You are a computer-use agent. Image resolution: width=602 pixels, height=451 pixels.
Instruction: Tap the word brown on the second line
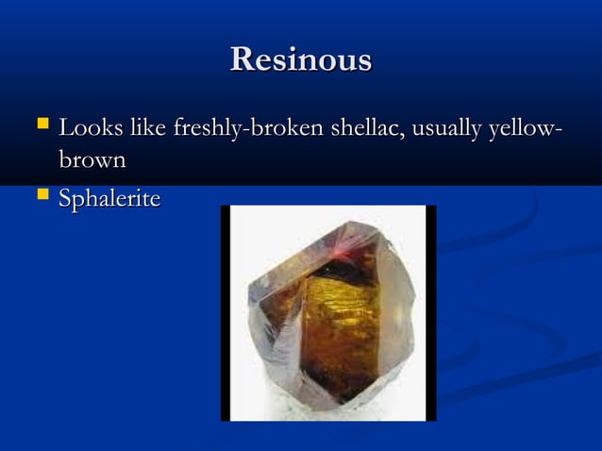(x=92, y=160)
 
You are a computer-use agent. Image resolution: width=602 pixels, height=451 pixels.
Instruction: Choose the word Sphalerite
(x=109, y=199)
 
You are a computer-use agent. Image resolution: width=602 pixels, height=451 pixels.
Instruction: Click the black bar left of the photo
(x=226, y=312)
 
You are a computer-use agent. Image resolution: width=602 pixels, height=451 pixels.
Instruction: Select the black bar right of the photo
(x=430, y=312)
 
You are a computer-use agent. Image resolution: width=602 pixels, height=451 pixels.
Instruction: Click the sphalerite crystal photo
(x=328, y=312)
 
